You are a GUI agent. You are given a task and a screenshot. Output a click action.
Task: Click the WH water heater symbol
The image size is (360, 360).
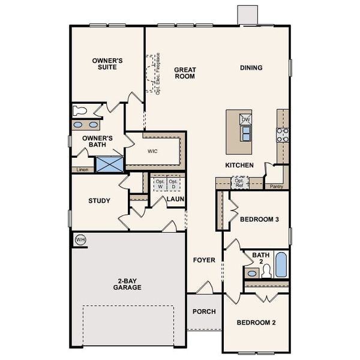(x=80, y=240)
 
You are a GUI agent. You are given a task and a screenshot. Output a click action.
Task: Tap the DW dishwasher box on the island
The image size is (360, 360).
(x=245, y=119)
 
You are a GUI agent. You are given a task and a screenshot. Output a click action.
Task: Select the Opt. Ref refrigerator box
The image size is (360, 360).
(x=239, y=182)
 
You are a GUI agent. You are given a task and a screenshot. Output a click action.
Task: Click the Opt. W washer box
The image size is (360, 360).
(x=159, y=184)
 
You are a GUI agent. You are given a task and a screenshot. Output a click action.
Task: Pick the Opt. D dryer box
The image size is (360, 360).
(x=173, y=184)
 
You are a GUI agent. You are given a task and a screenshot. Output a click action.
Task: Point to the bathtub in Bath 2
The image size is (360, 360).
(x=281, y=264)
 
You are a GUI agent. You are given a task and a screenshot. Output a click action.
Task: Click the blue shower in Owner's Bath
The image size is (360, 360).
(x=109, y=164)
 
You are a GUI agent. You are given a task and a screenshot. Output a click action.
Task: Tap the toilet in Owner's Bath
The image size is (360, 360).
(x=79, y=110)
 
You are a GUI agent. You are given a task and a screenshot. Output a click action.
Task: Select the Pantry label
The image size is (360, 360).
(x=276, y=187)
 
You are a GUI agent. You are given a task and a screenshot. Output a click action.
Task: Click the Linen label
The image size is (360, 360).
(x=82, y=170)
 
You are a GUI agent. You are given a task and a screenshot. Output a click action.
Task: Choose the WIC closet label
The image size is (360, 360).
(x=153, y=151)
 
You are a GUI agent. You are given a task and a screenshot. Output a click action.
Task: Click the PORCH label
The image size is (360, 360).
(x=204, y=311)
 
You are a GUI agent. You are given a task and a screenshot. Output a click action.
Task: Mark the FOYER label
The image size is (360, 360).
(x=204, y=260)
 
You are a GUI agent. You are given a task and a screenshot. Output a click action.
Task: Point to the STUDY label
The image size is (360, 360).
(x=99, y=200)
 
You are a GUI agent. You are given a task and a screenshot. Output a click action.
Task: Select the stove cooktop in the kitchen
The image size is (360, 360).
(x=282, y=135)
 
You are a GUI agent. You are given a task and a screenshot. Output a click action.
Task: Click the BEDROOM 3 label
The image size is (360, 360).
(x=259, y=219)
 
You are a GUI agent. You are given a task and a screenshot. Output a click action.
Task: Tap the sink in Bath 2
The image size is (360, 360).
(x=252, y=273)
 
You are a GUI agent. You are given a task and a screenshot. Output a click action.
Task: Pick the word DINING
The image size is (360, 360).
(x=251, y=68)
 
